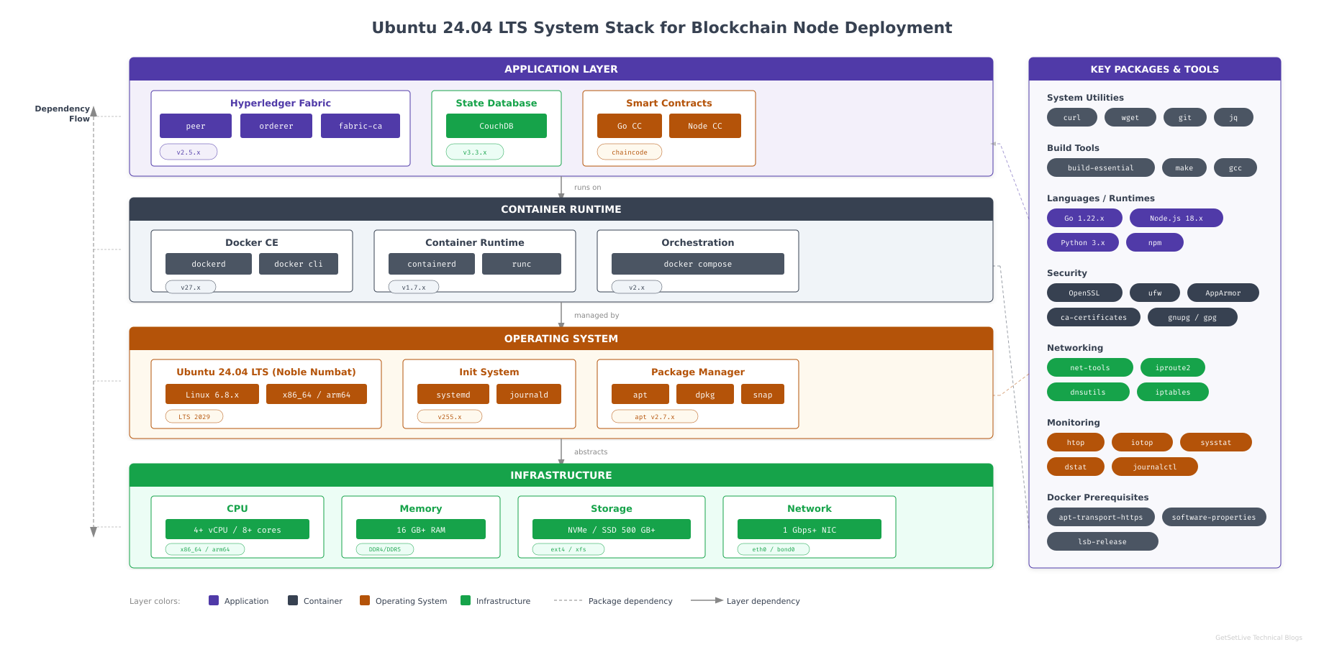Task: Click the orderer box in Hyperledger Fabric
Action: point(276,126)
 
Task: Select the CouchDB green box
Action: point(496,126)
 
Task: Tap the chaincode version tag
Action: point(630,152)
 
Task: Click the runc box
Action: point(522,264)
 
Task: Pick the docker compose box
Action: point(697,264)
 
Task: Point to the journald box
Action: point(529,395)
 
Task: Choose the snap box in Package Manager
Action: point(763,395)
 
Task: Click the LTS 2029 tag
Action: point(194,416)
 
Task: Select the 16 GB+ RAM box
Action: point(421,530)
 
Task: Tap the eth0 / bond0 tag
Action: point(774,549)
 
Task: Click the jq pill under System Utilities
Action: point(1233,117)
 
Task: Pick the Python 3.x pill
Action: point(1082,242)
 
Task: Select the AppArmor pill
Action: point(1223,293)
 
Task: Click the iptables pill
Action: point(1172,392)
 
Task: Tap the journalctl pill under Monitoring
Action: point(1154,467)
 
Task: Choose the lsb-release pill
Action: point(1102,541)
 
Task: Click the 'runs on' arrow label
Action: point(587,188)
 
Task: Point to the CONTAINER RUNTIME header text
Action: point(561,209)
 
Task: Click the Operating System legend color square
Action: point(365,600)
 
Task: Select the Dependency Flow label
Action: point(63,114)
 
